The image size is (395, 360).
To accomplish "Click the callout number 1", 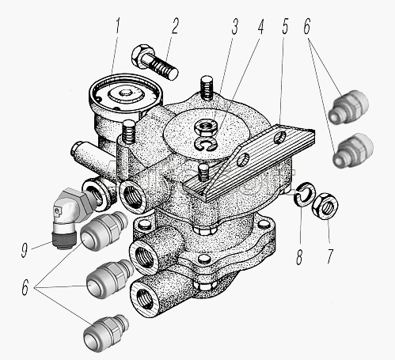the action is [x=117, y=25].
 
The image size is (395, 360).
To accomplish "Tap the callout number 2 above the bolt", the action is [x=175, y=25].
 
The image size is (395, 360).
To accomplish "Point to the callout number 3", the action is [x=234, y=26].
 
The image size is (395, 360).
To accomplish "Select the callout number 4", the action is [x=260, y=26].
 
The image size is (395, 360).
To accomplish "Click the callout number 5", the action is [x=285, y=26].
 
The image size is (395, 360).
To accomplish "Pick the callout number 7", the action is [x=330, y=255].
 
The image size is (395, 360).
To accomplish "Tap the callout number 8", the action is [x=299, y=256].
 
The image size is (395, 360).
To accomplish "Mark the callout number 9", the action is [x=25, y=249].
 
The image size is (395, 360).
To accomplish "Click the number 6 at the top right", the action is [x=307, y=26].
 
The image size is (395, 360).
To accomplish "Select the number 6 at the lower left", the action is [x=25, y=287].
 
